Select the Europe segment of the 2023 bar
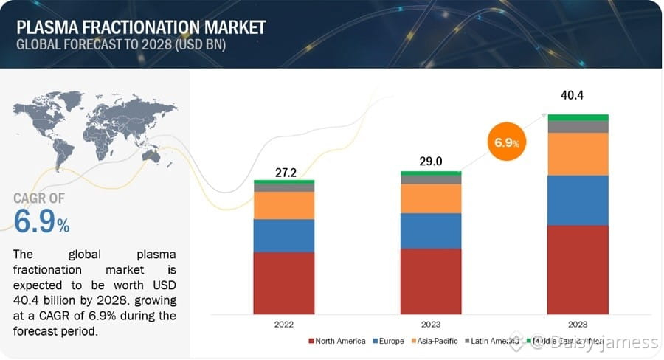431,231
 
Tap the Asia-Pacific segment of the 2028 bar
578,154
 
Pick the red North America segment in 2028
578,269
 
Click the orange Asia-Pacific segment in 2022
284,205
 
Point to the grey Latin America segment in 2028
578,126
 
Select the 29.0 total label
431,162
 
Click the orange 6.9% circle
507,142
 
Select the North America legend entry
341,341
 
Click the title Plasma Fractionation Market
140,27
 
